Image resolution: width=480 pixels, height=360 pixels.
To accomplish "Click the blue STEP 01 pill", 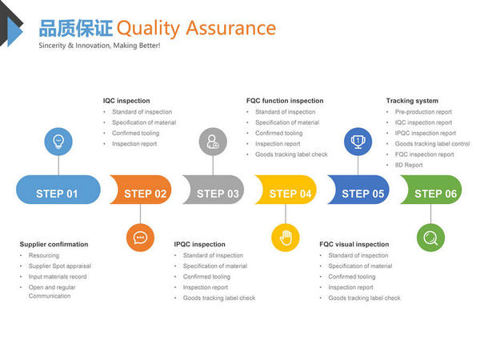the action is pos(58,190).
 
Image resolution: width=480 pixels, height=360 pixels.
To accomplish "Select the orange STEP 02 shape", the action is pos(141,190).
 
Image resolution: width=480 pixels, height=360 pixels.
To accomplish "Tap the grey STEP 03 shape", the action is pos(214,190).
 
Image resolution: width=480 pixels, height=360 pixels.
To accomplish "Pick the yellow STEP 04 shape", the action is pos(286,190).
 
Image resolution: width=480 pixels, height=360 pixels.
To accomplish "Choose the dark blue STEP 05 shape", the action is pos(358,190).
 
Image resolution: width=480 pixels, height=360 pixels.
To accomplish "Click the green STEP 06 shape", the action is pos(431,190).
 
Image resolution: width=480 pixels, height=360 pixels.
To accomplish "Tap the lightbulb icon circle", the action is pos(58,142).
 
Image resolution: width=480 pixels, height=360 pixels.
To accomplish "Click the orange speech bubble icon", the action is pos(140,238).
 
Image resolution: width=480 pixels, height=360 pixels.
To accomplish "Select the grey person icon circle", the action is pos(213,142).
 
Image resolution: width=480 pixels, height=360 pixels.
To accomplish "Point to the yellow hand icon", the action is pos(286,238).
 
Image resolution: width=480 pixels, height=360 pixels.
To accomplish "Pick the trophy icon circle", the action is pos(358,142).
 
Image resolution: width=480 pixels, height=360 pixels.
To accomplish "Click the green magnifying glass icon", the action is pos(430,238).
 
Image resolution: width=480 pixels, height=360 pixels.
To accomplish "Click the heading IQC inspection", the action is pos(126,101).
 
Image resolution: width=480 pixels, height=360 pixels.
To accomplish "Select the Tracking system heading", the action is pos(412,101).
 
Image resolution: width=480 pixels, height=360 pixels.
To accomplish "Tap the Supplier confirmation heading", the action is pos(54,244).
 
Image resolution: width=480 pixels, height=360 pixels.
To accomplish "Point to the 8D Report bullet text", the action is pos(409,165).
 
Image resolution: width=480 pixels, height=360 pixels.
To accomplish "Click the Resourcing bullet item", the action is pos(44,255).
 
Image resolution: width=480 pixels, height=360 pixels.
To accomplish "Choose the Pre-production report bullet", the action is pos(423,112).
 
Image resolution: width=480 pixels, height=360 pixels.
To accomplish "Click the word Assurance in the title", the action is pos(231,28).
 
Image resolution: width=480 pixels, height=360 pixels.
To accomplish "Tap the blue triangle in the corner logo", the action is pos(14,31).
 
